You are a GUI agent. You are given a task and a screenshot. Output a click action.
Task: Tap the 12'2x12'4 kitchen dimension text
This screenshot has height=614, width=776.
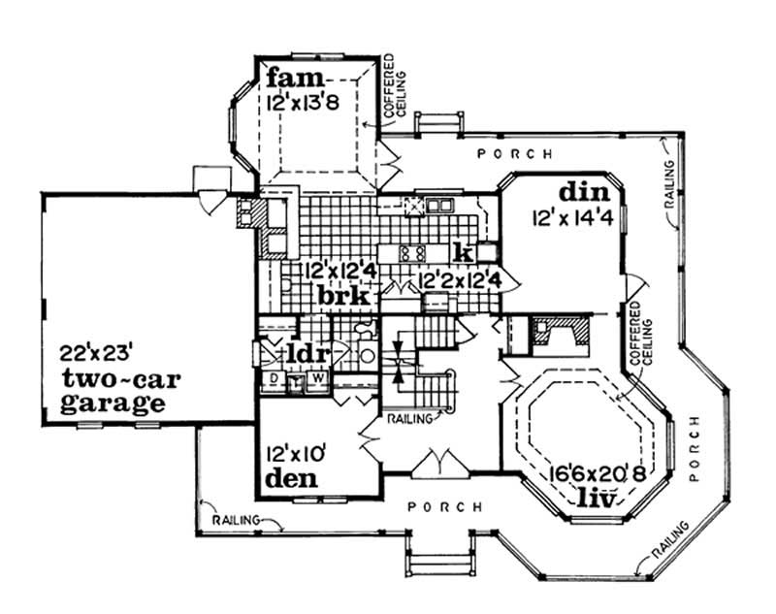460,278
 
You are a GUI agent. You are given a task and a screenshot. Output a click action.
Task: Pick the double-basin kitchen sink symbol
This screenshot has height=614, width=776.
439,205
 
